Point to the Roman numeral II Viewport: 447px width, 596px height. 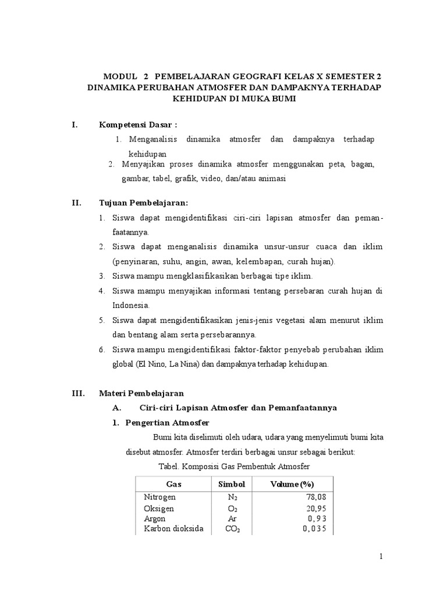tap(76, 203)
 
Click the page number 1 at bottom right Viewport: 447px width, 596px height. tap(381, 556)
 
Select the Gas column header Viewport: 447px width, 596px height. tap(174, 484)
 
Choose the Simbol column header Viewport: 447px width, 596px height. tap(232, 484)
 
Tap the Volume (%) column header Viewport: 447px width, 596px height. tap(292, 484)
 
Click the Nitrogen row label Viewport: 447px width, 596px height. tap(159, 497)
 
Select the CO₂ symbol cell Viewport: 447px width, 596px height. tap(232, 529)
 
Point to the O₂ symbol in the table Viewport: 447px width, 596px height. tap(232, 508)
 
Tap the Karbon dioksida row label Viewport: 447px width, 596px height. tap(173, 529)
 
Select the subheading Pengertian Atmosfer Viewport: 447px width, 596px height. tap(168, 423)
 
